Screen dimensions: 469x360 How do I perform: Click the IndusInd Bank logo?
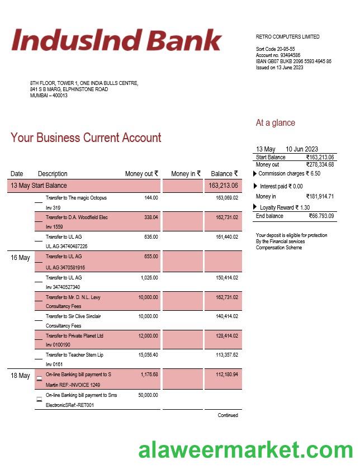[x=116, y=40]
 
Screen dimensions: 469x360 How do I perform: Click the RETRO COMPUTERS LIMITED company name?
[x=287, y=37]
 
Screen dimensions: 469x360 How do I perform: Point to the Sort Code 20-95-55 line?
[x=275, y=49]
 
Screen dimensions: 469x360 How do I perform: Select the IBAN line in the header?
[x=293, y=61]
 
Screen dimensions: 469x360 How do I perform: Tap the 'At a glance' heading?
[x=275, y=123]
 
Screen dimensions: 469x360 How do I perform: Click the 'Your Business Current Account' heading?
[x=86, y=138]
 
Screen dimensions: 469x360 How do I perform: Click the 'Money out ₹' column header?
[x=141, y=174]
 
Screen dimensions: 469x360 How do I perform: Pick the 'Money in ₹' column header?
[x=186, y=174]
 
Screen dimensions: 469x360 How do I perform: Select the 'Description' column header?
[x=53, y=174]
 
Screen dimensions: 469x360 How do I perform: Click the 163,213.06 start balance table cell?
[x=223, y=186]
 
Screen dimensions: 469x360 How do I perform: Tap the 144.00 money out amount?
[x=151, y=198]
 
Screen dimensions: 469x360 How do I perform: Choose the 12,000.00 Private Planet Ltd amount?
[x=148, y=336]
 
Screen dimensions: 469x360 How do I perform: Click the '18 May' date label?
[x=20, y=376]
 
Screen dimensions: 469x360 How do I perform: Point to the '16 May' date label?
[x=20, y=258]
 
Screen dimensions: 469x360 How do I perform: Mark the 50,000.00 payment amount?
[x=148, y=395]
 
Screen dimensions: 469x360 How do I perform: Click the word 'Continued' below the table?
[x=228, y=415]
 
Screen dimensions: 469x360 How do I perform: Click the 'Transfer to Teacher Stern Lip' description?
[x=74, y=355]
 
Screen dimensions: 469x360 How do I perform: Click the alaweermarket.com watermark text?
[x=245, y=450]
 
